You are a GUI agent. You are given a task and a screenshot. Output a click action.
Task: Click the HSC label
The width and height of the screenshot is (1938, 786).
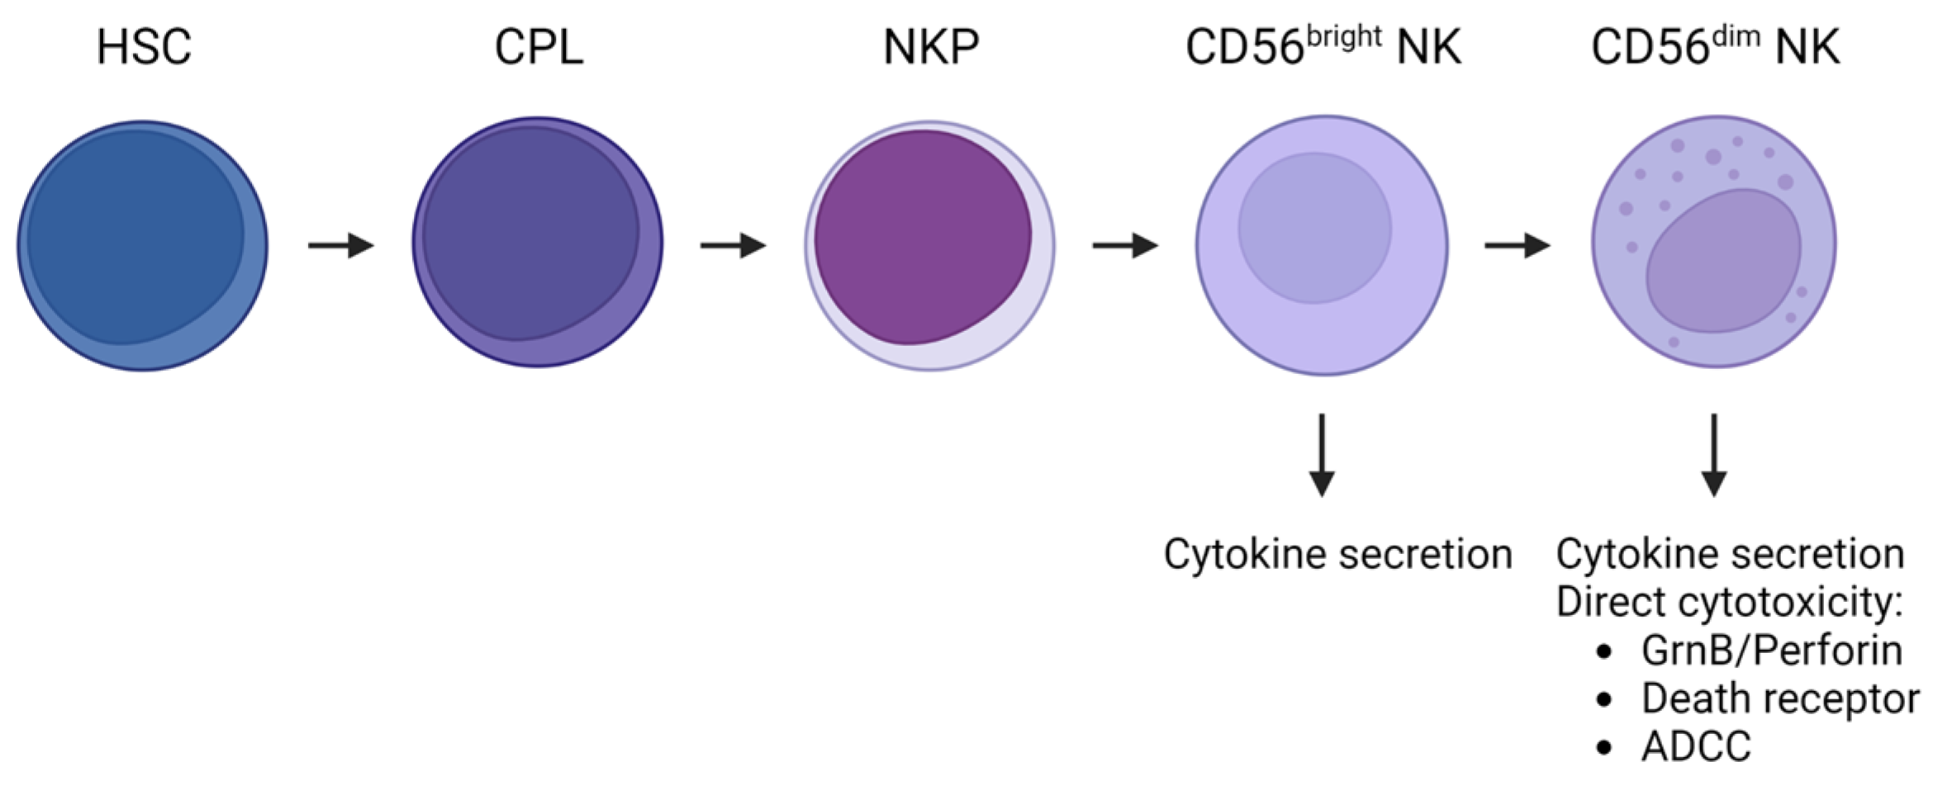coord(144,47)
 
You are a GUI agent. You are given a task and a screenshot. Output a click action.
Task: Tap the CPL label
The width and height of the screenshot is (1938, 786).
coord(539,47)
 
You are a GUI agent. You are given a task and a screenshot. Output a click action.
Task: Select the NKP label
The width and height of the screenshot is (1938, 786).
coord(931,47)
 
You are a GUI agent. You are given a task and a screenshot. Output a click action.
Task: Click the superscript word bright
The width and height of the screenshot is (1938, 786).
coord(1344,36)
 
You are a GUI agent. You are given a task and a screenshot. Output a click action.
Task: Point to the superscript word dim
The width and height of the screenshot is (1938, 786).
coord(1736,36)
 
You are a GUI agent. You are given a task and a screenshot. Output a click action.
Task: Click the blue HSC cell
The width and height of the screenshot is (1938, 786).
coord(142,246)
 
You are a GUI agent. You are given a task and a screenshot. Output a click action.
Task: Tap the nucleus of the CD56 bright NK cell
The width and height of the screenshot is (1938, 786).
coord(1314,228)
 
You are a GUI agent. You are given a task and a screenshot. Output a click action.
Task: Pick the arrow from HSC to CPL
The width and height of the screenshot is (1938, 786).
coord(341,245)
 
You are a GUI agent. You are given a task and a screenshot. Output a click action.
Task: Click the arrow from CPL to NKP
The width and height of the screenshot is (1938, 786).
coord(734,245)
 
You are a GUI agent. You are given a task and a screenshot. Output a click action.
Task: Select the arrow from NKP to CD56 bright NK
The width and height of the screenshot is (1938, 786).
coord(1125,245)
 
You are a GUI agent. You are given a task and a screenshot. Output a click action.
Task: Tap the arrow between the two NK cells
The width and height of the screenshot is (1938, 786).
coord(1518,245)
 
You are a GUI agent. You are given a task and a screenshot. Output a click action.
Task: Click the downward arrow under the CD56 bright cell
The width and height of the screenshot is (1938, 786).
coord(1322,455)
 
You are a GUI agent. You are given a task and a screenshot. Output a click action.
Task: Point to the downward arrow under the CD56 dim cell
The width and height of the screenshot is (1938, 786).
coord(1714,455)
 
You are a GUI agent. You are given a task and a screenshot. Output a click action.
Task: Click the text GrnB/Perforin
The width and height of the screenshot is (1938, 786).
coord(1772,651)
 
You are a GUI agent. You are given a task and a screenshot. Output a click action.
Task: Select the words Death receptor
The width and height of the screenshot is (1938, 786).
coord(1780,698)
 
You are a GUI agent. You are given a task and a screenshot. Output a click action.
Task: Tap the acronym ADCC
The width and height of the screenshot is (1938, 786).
coord(1696,747)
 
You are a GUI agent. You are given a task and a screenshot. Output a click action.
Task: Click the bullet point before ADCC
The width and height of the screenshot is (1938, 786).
coord(1604,748)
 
